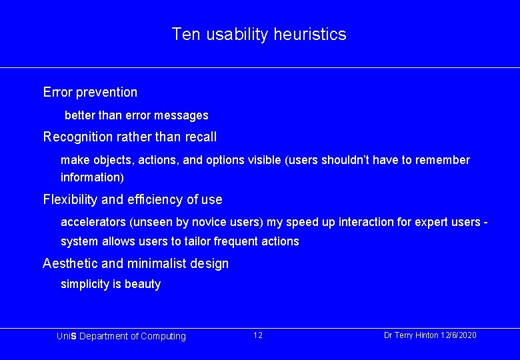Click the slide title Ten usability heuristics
(259, 34)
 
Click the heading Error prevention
(90, 92)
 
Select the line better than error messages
(136, 115)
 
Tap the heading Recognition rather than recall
(130, 137)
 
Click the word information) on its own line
(92, 177)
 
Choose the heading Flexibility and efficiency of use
(133, 199)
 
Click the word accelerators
(93, 222)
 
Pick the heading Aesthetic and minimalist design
(135, 263)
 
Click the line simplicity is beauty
(111, 284)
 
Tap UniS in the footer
(67, 336)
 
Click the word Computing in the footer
(163, 336)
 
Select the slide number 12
(258, 335)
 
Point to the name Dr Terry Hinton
(411, 335)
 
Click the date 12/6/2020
(459, 335)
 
